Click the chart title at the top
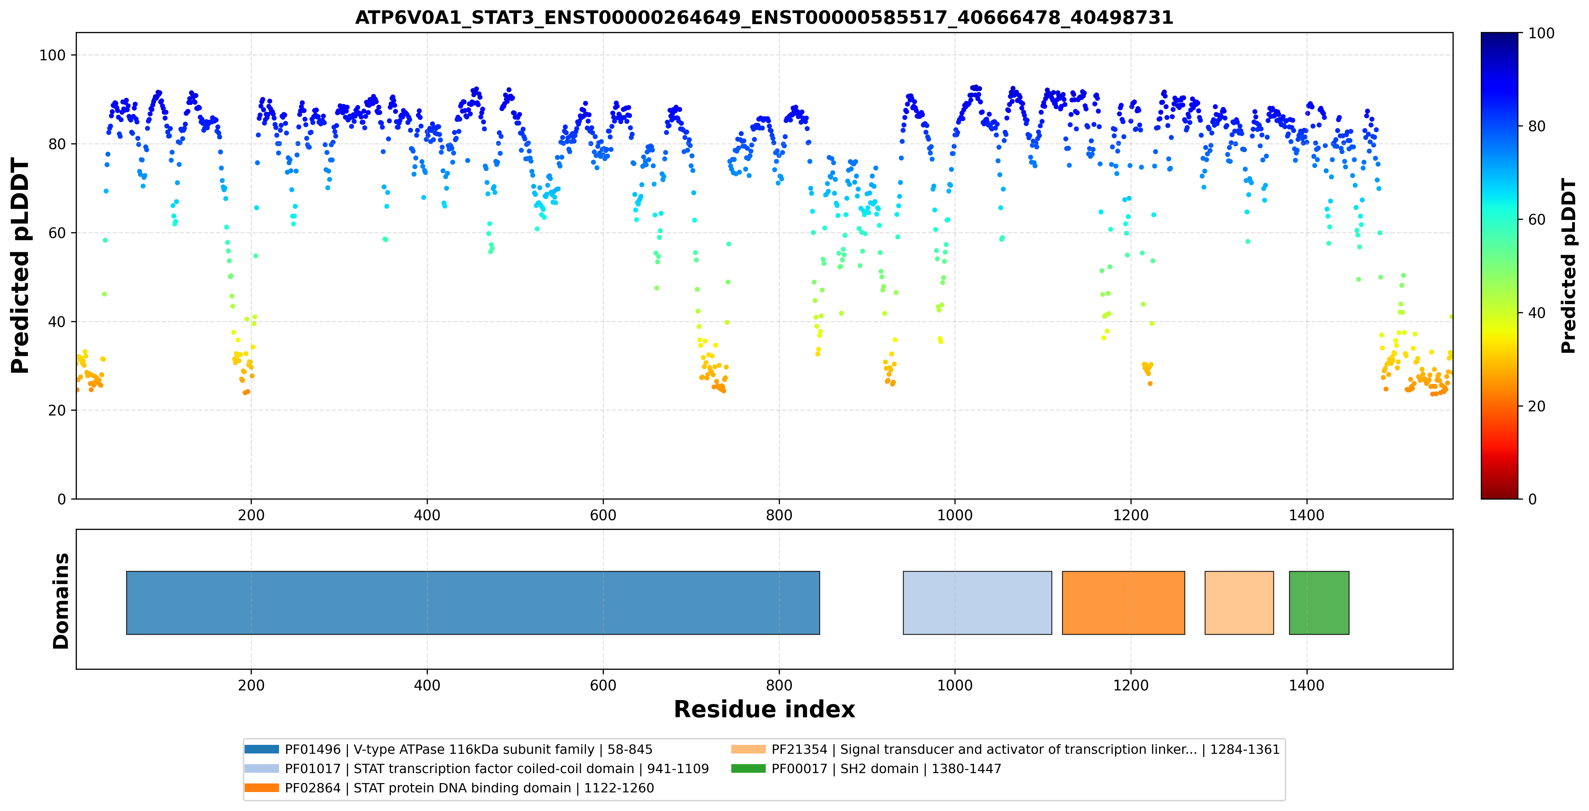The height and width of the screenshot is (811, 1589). pyautogui.click(x=764, y=17)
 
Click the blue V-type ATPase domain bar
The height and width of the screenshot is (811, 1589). pyautogui.click(x=473, y=603)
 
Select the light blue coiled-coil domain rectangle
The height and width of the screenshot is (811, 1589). pyautogui.click(x=977, y=603)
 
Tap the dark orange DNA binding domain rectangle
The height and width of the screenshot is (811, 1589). pyautogui.click(x=1123, y=603)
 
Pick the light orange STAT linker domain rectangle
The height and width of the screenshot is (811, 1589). pyautogui.click(x=1239, y=603)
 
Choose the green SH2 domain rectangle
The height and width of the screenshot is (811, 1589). pyautogui.click(x=1319, y=603)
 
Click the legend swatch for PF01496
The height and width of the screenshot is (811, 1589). pyautogui.click(x=261, y=749)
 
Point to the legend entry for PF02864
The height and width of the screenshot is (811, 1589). pyautogui.click(x=449, y=788)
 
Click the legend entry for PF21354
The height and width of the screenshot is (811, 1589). pyautogui.click(x=1005, y=749)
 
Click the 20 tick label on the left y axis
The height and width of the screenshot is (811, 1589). pyautogui.click(x=57, y=410)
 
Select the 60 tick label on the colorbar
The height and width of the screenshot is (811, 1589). pyautogui.click(x=1537, y=219)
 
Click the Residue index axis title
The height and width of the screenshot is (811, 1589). pyautogui.click(x=764, y=709)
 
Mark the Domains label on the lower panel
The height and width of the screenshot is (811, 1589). pyautogui.click(x=61, y=601)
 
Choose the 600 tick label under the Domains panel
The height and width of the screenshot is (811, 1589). pyautogui.click(x=603, y=685)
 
